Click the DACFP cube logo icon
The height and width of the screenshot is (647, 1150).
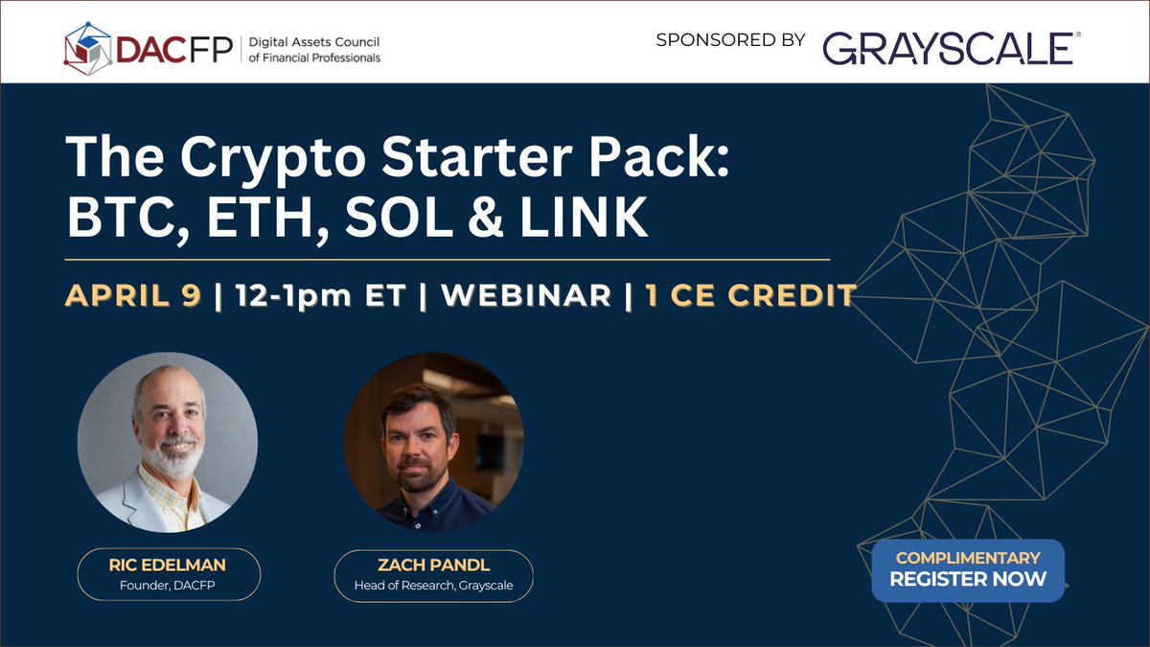click(x=88, y=49)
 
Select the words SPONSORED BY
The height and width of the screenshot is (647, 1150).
click(x=730, y=39)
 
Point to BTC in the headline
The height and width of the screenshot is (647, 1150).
click(x=127, y=217)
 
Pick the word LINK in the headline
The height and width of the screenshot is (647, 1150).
click(x=585, y=217)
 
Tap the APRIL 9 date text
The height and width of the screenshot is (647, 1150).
click(x=133, y=295)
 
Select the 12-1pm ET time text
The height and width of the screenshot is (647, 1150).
click(x=320, y=296)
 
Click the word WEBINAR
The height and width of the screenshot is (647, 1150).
click(x=526, y=295)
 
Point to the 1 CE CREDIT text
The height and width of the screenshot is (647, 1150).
click(x=749, y=295)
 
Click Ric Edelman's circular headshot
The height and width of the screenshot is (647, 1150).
click(x=168, y=442)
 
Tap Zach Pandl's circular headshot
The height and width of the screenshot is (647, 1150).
click(x=434, y=442)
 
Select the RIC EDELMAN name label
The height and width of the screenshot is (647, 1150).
click(x=168, y=565)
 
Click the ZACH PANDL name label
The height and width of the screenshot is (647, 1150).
click(x=434, y=565)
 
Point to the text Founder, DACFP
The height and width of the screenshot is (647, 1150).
click(x=168, y=586)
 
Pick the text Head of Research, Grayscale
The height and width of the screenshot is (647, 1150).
click(x=434, y=586)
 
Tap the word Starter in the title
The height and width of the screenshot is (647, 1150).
click(x=476, y=156)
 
